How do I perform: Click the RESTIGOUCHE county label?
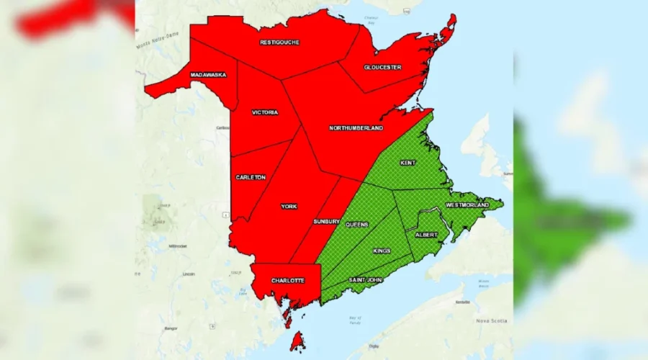click(x=279, y=42)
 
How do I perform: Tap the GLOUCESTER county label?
click(x=382, y=68)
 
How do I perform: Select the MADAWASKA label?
click(x=208, y=75)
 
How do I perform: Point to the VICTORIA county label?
click(x=265, y=112)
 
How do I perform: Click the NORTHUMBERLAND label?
click(x=356, y=128)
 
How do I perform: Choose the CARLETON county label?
click(x=251, y=177)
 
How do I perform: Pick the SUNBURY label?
click(x=326, y=222)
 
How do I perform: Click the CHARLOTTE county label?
click(x=287, y=280)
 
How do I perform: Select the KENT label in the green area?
click(x=408, y=163)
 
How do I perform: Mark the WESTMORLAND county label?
click(x=467, y=205)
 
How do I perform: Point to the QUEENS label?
click(x=357, y=225)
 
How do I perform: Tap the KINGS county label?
click(x=382, y=251)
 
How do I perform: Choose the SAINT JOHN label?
click(x=366, y=279)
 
